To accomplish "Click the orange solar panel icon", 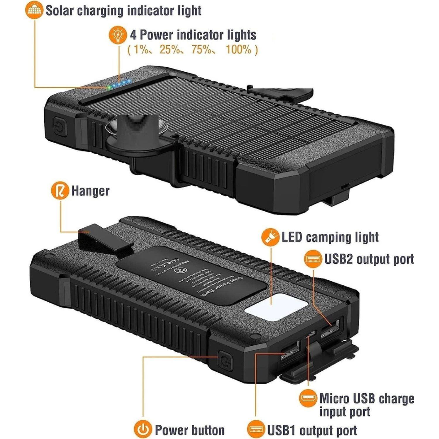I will (x=34, y=11).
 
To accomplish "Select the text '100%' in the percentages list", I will (x=239, y=50).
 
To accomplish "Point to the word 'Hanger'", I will (x=90, y=191).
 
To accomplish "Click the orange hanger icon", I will (x=60, y=191).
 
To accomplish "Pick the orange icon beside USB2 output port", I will (x=313, y=259).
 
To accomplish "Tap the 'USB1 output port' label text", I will (x=312, y=430).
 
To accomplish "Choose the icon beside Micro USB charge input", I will (x=308, y=398).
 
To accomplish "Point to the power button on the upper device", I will (x=61, y=128).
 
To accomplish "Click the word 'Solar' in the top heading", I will (x=59, y=11).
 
